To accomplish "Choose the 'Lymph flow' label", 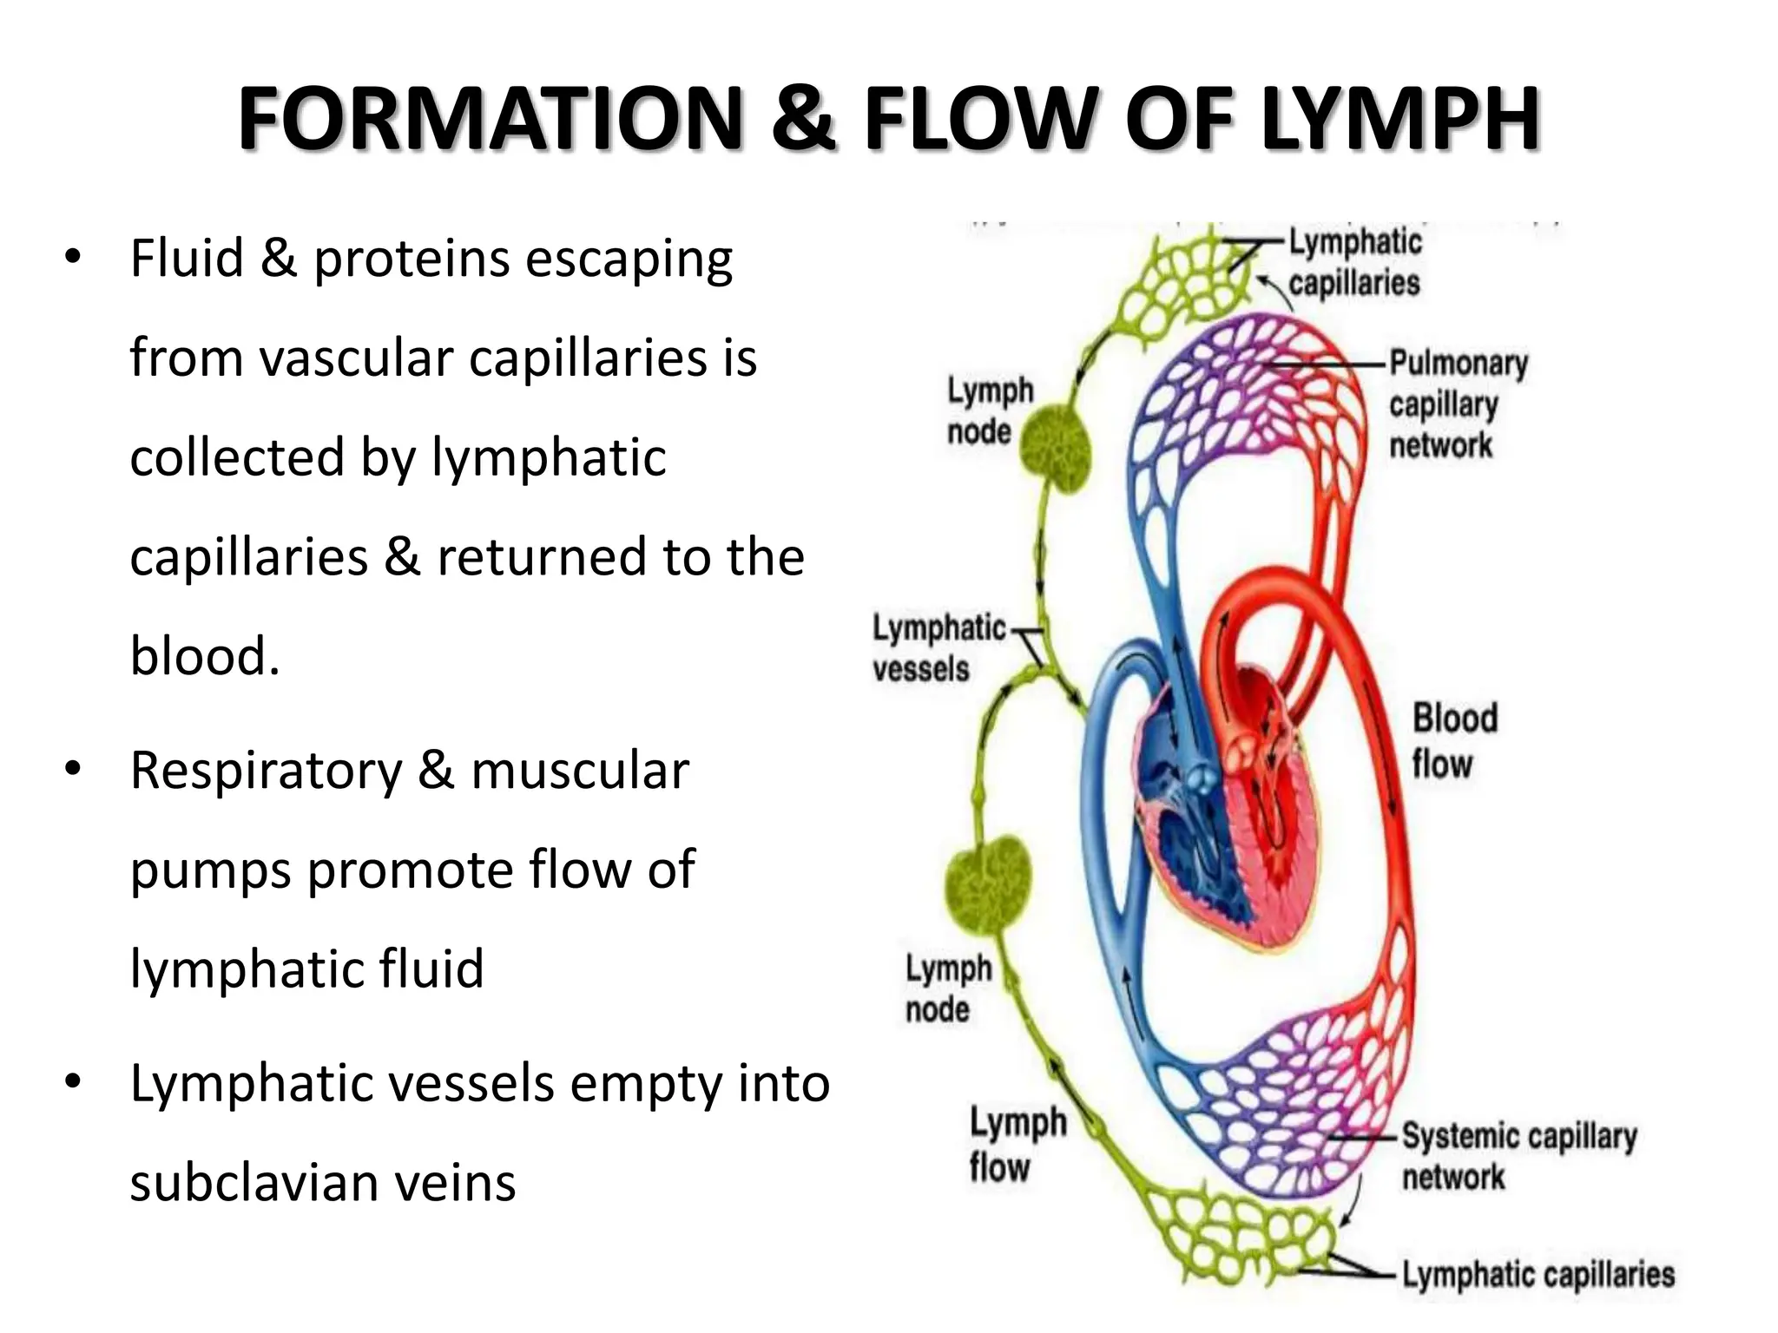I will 1016,1145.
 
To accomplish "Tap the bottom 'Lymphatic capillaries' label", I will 1538,1275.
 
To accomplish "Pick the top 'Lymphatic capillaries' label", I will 1354,262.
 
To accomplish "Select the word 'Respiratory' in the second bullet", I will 266,770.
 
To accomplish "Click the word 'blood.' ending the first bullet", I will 205,655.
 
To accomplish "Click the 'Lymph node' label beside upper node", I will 989,410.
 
